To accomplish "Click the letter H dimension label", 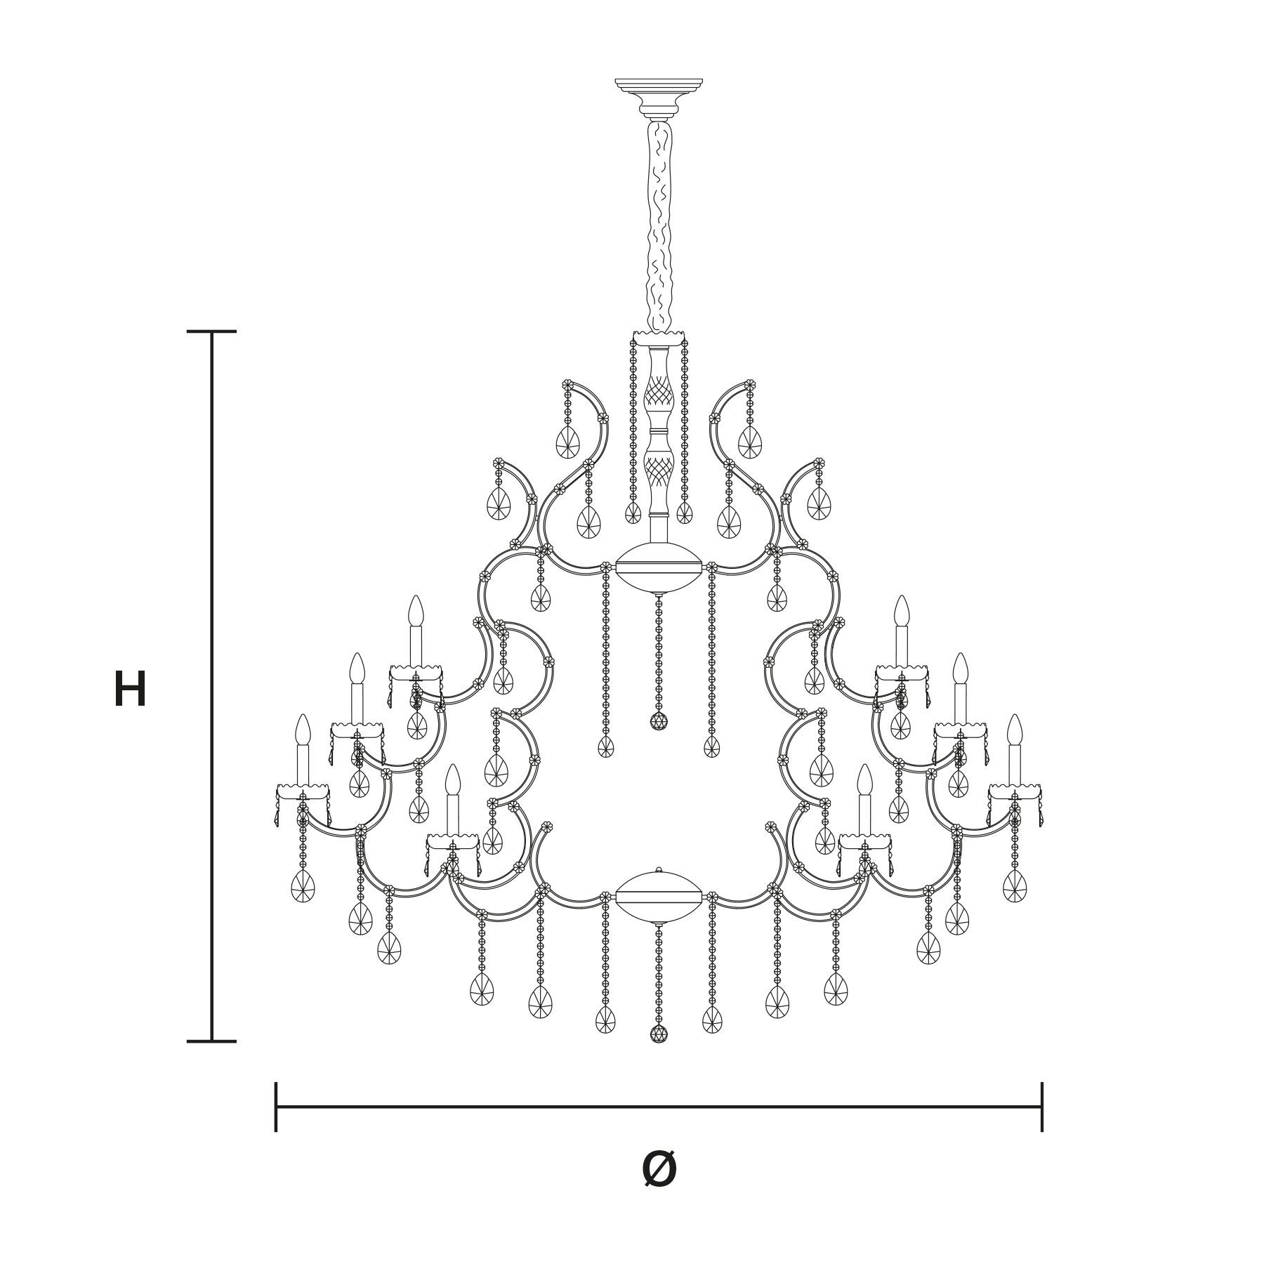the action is click(x=130, y=689).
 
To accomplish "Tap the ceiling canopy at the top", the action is click(x=659, y=99).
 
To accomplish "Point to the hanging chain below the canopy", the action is click(x=659, y=225).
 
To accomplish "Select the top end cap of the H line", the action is click(x=211, y=331).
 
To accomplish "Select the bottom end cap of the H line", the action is click(x=211, y=1041).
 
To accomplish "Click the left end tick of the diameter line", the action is click(x=276, y=1107).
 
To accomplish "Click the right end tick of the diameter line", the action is click(x=1041, y=1107).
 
